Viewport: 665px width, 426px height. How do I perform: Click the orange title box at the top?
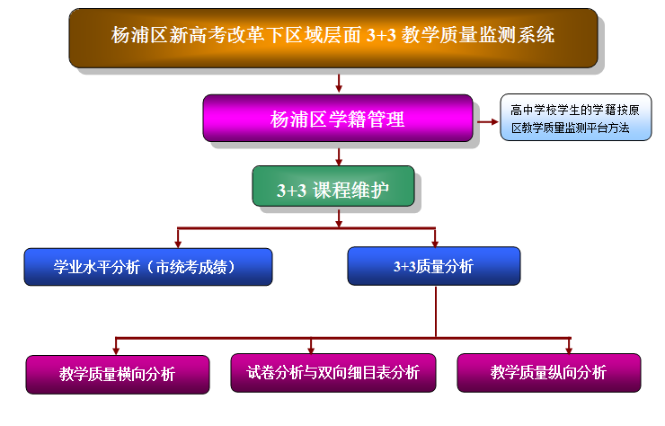coord(333,38)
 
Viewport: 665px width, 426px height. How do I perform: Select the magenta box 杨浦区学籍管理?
coord(338,118)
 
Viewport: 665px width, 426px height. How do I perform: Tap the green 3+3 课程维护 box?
coord(333,186)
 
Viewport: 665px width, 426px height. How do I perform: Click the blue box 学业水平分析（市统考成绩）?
coord(148,267)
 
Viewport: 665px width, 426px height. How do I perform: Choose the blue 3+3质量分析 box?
coord(434,266)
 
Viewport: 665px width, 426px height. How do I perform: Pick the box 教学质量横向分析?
coord(118,375)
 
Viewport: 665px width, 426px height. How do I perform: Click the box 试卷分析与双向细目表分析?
coord(333,373)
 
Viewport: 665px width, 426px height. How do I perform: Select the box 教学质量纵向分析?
coord(549,373)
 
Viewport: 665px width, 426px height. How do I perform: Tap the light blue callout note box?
coord(576,117)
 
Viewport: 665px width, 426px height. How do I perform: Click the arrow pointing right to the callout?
coord(488,121)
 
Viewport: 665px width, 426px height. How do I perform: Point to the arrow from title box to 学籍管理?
coord(339,84)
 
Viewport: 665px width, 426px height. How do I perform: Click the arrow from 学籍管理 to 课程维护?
coord(339,156)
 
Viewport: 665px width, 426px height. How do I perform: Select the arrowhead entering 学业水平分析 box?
coord(178,244)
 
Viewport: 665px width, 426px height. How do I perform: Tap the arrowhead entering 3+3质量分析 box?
coord(435,244)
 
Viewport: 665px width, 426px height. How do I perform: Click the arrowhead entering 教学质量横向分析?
coord(116,351)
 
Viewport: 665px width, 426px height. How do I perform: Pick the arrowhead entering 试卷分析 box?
coord(311,350)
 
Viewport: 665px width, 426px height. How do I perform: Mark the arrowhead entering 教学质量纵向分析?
coord(569,350)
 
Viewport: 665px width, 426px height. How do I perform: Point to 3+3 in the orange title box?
coord(381,35)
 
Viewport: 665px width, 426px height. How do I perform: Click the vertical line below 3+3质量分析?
coord(436,312)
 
